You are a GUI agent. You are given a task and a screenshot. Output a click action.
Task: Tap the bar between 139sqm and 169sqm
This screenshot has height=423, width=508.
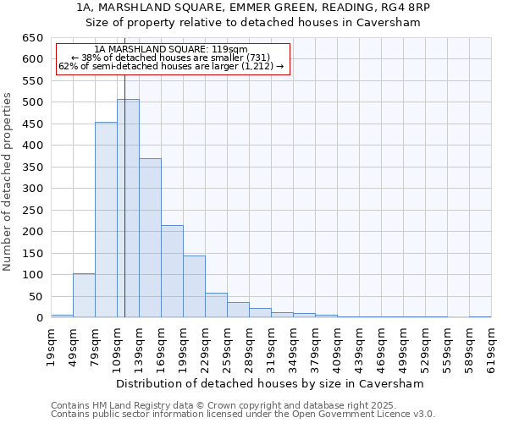(x=150, y=238)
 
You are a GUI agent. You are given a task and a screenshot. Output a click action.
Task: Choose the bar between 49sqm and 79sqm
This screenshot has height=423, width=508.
(x=84, y=295)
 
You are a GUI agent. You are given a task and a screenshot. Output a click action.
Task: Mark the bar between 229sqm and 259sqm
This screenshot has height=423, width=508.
(x=216, y=305)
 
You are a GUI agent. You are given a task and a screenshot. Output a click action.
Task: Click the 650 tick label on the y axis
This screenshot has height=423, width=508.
(x=33, y=38)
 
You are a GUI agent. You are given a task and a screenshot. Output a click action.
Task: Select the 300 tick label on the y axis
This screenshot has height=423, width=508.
(x=33, y=189)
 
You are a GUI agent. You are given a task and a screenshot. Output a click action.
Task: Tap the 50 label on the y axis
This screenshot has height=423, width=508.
(x=36, y=297)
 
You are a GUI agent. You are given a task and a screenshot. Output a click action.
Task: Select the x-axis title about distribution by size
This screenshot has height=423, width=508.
(x=270, y=383)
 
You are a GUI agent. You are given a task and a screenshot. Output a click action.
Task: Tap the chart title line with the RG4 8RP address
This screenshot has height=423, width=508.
(x=253, y=8)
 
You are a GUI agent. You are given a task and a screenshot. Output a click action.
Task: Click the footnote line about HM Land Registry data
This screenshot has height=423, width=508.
(x=223, y=405)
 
